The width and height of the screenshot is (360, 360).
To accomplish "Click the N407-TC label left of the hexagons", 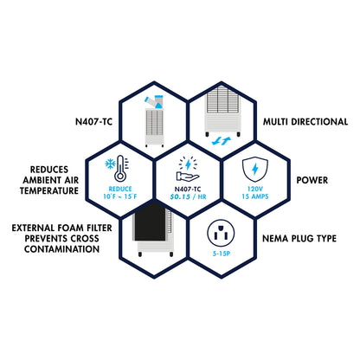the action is click(93, 122).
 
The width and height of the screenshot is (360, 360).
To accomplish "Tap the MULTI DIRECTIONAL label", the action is click(305, 122).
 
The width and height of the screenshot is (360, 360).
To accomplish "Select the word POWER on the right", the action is click(312, 180).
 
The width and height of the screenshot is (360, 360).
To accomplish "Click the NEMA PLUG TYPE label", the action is click(299, 239).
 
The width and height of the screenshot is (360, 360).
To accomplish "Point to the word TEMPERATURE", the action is click(49, 190).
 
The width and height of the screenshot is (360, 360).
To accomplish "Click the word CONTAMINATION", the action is click(61, 249).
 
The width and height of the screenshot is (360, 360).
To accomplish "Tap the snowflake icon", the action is click(110, 164).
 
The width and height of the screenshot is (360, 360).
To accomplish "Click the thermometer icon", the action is click(120, 169).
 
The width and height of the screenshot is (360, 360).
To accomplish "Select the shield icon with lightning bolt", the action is click(255, 169).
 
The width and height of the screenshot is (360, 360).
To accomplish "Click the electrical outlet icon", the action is click(221, 233).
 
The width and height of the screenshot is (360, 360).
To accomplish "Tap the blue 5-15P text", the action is click(222, 254).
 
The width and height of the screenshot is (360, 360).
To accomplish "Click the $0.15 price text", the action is click(180, 196).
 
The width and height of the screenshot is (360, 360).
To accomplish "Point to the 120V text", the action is click(255, 190).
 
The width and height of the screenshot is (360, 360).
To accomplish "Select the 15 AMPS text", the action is click(255, 196).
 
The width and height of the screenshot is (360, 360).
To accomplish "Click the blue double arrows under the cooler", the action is click(222, 141).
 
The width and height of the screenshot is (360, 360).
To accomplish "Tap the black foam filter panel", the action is click(150, 222).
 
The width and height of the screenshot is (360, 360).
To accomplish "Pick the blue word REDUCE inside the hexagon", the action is click(120, 190).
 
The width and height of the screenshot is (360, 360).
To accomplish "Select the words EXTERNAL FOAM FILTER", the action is click(61, 228).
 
